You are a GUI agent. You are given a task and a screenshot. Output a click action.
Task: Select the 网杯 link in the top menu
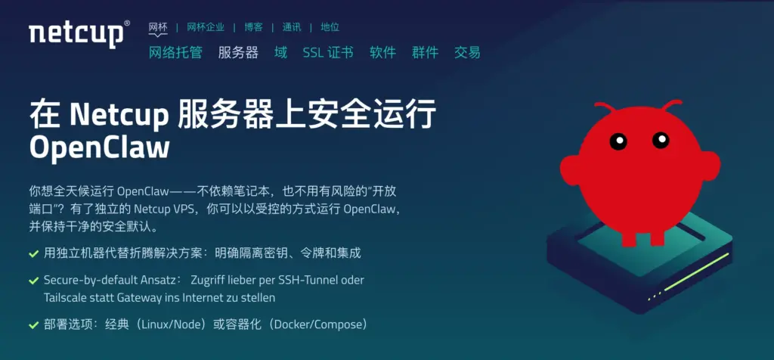(158, 27)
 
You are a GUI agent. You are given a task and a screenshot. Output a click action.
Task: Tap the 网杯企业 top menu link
(206, 27)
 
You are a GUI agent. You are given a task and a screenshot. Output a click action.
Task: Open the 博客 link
(253, 27)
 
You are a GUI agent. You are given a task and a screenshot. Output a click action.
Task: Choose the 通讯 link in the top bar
(292, 27)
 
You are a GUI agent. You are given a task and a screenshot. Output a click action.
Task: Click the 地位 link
(330, 27)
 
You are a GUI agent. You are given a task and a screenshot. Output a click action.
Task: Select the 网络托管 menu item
(175, 52)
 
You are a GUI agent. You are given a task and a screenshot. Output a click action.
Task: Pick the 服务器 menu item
(238, 52)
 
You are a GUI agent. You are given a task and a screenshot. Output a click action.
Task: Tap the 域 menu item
(280, 52)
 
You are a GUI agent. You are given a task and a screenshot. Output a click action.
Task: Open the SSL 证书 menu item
(328, 52)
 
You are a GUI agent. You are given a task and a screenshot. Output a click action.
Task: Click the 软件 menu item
(382, 52)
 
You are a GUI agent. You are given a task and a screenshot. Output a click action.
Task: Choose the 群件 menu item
(425, 52)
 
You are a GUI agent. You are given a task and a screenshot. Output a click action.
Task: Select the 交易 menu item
(467, 52)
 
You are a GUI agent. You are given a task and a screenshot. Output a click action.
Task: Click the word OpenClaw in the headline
(99, 147)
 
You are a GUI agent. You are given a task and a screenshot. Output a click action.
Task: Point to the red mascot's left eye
(618, 140)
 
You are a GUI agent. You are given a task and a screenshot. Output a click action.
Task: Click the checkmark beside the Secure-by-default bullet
(33, 281)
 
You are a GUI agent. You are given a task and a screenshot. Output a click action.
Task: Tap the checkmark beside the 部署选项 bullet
(33, 325)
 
